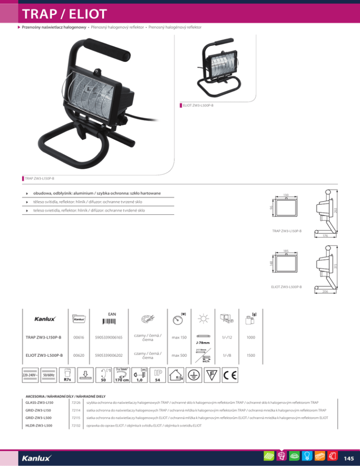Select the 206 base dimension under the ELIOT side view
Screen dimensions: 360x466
pos(324,292)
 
